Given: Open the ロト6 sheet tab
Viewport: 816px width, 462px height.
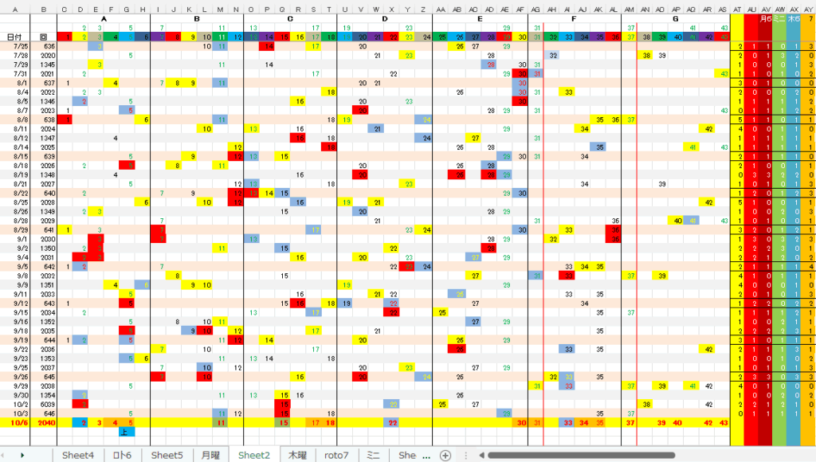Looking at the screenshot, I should (x=122, y=455).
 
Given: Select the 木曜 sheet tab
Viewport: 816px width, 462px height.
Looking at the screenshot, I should (x=297, y=455).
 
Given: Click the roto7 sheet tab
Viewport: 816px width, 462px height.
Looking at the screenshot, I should (x=336, y=455).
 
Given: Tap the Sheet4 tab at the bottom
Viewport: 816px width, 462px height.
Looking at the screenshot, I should (x=78, y=455).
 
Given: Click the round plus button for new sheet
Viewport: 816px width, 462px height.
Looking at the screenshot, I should (x=445, y=455).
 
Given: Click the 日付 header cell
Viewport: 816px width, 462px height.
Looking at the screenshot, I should (x=15, y=37).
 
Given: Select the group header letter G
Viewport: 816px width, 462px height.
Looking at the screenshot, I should (x=676, y=18).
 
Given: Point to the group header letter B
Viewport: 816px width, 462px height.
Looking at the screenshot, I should (x=197, y=18).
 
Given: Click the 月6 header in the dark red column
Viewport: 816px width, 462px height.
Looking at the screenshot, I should (x=766, y=18).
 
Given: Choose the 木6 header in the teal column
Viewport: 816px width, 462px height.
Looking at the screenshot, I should (x=794, y=18).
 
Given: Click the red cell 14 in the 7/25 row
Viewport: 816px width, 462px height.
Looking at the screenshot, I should (x=269, y=47).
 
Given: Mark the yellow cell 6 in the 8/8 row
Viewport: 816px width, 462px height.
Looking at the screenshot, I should (x=146, y=119).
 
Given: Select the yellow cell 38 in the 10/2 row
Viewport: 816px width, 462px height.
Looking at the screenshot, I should (x=647, y=405).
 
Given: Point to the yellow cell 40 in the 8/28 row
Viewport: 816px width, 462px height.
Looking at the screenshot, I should (x=677, y=221).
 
